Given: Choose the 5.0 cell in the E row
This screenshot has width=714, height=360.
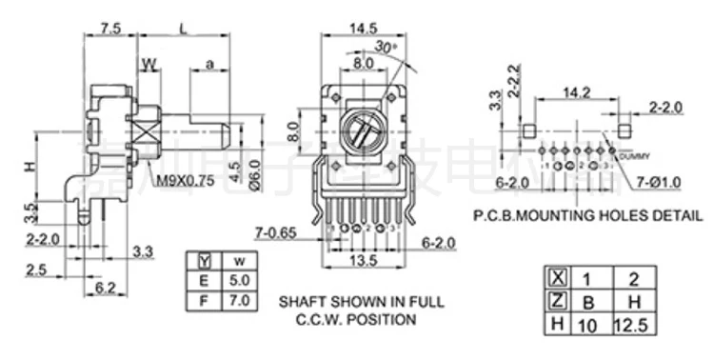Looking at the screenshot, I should [240, 281].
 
